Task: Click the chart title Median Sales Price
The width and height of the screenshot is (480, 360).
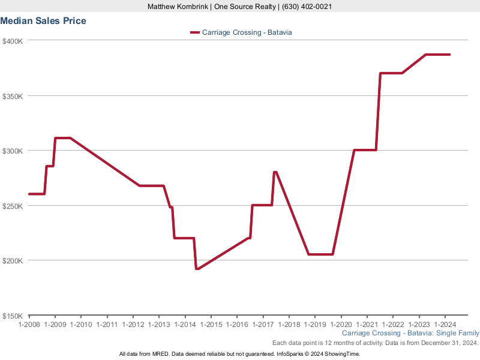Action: [43, 21]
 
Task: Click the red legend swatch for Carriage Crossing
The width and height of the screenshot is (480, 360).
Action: [194, 32]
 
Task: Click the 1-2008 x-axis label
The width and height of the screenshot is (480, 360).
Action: [29, 325]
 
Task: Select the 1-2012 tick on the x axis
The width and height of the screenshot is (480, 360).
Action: [133, 325]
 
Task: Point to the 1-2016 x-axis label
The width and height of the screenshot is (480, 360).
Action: [236, 325]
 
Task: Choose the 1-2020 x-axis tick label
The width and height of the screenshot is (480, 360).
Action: [340, 325]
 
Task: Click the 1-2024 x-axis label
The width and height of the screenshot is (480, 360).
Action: [444, 325]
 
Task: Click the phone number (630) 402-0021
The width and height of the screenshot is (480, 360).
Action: [305, 7]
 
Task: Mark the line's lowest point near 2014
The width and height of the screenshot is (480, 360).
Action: [197, 269]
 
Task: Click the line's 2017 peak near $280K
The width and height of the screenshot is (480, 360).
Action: [275, 172]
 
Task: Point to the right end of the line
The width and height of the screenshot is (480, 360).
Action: [449, 55]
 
